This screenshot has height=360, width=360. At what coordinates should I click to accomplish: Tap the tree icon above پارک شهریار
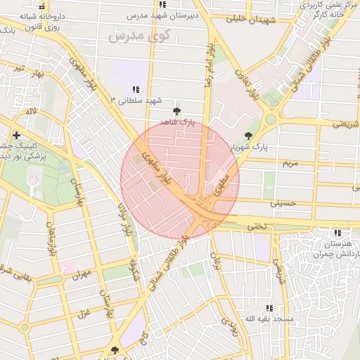[247, 136]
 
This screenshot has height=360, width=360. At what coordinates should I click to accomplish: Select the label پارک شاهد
[176, 122]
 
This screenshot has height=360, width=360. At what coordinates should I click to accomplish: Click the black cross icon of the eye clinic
[16, 134]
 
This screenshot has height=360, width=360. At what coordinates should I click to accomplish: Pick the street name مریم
[290, 163]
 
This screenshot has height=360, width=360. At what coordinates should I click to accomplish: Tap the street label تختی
[256, 226]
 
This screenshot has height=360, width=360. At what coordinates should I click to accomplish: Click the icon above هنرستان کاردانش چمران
[338, 233]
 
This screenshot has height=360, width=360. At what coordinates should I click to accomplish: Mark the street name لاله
[30, 112]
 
